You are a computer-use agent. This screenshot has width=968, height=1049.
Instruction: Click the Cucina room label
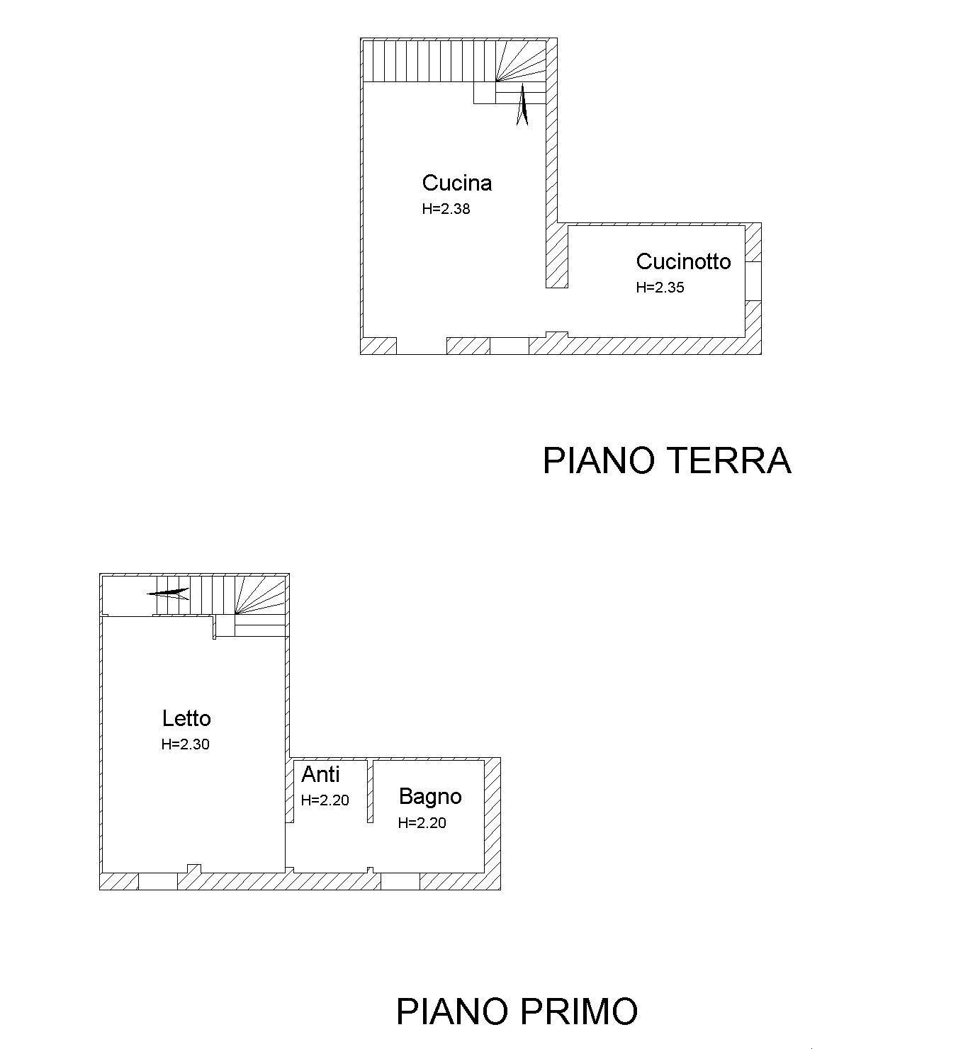457,183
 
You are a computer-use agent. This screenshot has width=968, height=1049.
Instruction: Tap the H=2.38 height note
446,209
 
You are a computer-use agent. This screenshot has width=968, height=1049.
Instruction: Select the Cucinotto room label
683,261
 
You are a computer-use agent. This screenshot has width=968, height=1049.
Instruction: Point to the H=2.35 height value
660,288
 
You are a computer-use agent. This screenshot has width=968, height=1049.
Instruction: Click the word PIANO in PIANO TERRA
596,460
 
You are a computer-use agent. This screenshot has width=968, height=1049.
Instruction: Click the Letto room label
186,718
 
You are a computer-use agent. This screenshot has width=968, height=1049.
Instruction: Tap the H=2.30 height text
185,744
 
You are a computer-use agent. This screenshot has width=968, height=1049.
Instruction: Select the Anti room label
320,774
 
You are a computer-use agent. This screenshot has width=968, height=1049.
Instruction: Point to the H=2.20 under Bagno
422,823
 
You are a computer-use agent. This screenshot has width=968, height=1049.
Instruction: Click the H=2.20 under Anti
325,800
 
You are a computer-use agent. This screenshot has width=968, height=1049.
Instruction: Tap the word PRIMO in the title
578,1011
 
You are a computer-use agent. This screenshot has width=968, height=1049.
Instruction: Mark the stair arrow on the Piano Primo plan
168,593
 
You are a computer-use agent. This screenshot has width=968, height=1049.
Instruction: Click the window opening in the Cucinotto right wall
753,281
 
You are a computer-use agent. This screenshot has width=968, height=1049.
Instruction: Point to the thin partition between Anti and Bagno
370,790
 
